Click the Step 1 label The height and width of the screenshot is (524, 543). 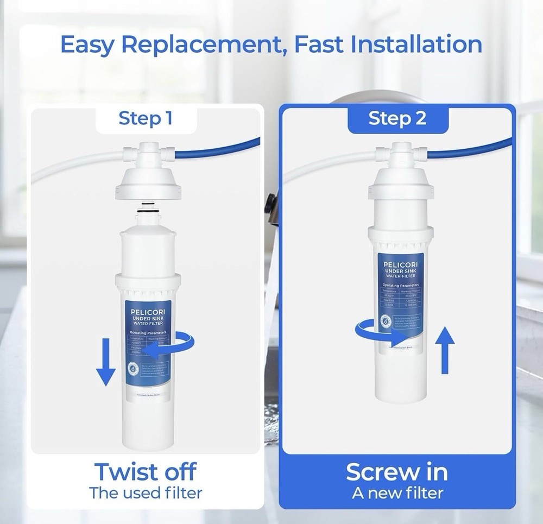(x=146, y=118)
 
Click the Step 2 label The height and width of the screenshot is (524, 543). (x=397, y=118)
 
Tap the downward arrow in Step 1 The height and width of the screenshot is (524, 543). (x=105, y=361)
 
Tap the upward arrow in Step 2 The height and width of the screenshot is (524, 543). (x=445, y=350)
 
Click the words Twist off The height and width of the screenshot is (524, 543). (x=146, y=471)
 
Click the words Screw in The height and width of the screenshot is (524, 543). (x=397, y=471)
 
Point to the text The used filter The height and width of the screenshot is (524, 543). (x=146, y=493)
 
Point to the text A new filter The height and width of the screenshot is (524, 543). (x=397, y=493)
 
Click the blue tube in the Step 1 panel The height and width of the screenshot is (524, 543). (x=217, y=149)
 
